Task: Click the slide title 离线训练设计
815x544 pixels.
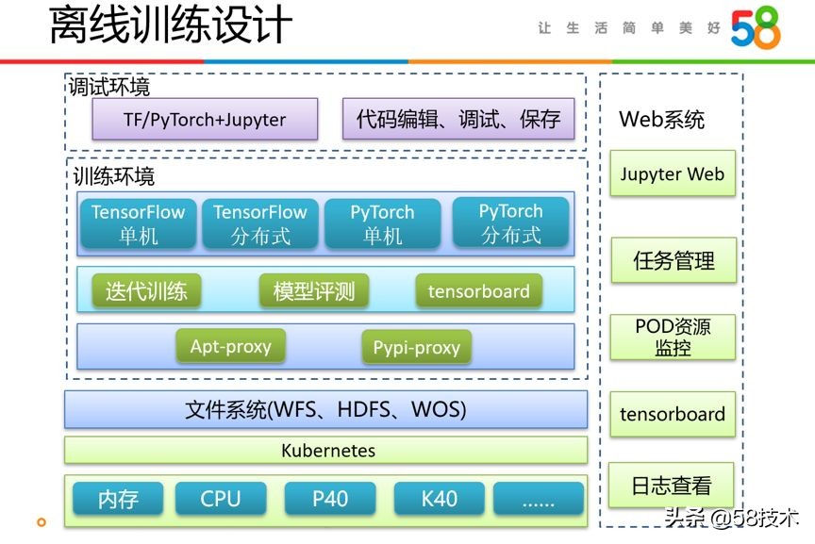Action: [x=170, y=25]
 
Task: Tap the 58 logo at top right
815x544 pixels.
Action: [x=755, y=29]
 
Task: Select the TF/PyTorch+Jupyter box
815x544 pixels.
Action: [x=205, y=120]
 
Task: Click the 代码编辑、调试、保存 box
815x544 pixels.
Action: [x=457, y=120]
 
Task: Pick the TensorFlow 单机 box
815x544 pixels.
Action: [x=138, y=223]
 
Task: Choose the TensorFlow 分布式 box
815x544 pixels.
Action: [x=260, y=223]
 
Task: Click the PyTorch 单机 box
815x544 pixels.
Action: [x=382, y=223]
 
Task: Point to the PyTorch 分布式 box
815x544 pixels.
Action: [x=510, y=223]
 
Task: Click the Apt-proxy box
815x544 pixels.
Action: [x=230, y=347]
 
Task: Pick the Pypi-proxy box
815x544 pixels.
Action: [x=416, y=348]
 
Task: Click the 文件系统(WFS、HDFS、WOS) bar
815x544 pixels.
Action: [x=325, y=410]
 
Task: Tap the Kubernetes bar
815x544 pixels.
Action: [x=325, y=451]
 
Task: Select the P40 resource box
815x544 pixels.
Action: [x=330, y=499]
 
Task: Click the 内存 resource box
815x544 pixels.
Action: [x=118, y=499]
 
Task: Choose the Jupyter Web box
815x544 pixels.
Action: [x=672, y=173]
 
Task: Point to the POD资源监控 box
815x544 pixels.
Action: [x=672, y=337]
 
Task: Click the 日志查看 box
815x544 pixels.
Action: [x=672, y=486]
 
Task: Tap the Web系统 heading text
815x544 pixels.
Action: [x=661, y=120]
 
